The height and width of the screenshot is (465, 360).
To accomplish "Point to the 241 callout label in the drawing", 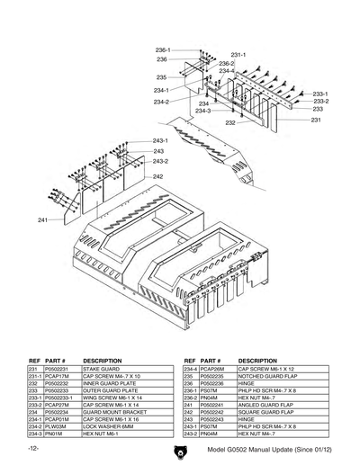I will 43,220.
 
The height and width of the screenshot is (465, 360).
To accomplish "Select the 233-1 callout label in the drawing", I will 321,94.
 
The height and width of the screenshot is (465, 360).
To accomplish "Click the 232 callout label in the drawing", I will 230,122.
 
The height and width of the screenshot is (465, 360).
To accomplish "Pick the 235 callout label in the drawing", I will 161,77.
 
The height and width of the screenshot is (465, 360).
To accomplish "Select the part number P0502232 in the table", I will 57,382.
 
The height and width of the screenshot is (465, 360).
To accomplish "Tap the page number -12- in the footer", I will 33,448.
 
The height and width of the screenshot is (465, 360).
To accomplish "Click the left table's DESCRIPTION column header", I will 101,361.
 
